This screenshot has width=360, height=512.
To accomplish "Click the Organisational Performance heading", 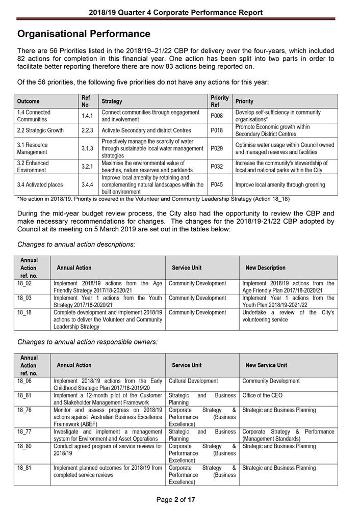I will (x=84, y=34).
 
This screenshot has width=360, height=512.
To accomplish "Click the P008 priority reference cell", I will (x=217, y=116).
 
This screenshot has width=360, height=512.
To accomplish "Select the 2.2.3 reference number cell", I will (x=87, y=130).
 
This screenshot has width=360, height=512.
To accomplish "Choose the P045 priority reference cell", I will (x=217, y=184).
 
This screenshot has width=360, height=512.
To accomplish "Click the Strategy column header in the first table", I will (x=112, y=101).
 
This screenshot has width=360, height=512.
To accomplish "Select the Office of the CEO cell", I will (x=262, y=395).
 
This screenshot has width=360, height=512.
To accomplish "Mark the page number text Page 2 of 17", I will (x=176, y=500).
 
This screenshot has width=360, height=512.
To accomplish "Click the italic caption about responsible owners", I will (x=87, y=342).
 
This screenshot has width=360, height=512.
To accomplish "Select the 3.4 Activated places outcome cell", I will (x=40, y=184).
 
